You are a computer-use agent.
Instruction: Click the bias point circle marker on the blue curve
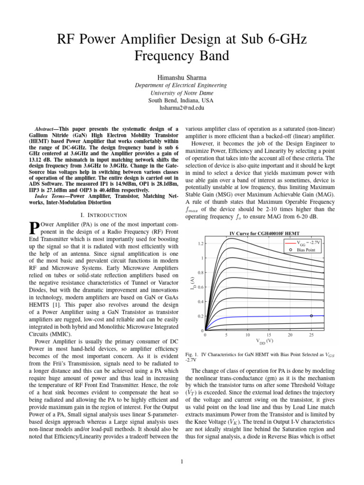click(311, 315)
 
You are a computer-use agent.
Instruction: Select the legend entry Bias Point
click(307, 249)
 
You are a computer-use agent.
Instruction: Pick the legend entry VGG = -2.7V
click(309, 242)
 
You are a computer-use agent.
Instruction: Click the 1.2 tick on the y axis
click(201, 244)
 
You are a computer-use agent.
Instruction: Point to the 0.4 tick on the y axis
click(201, 302)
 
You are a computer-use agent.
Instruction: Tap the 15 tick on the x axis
click(269, 335)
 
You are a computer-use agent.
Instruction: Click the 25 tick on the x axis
click(311, 335)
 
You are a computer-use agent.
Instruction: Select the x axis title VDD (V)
click(264, 341)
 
